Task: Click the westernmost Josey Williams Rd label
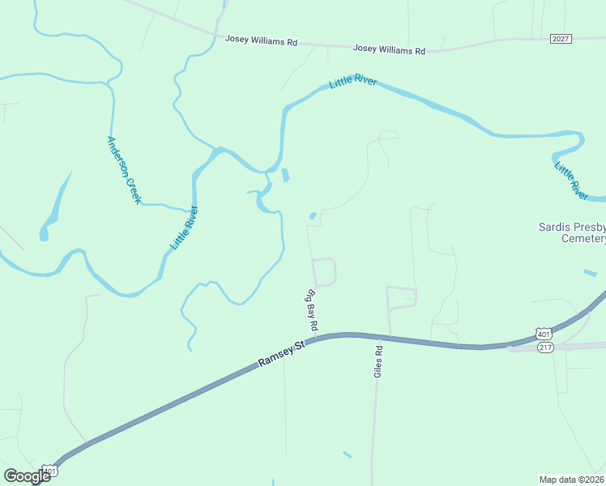coord(261,40)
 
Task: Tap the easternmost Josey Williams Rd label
coord(389,50)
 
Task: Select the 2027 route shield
coord(560,39)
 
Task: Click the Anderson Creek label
coord(124,169)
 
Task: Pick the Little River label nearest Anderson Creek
coord(184,227)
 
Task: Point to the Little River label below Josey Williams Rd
coord(353,83)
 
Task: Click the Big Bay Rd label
coord(311,309)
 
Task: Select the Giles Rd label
coord(378,360)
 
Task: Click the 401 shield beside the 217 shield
coord(543,333)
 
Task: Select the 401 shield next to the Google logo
coord(51,471)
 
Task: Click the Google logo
coord(27,476)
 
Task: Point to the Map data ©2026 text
coord(571,479)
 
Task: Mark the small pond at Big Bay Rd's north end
coord(312,216)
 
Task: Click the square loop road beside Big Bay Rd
coord(323,271)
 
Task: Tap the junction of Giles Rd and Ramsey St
coord(390,337)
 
